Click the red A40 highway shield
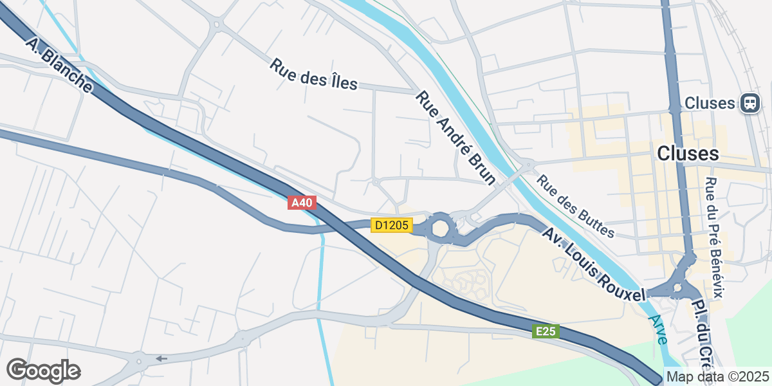[302, 203]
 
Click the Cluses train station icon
[750, 103]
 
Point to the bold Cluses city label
[688, 154]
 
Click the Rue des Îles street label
[313, 75]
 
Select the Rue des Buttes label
[575, 207]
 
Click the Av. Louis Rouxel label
[593, 264]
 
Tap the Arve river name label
[659, 329]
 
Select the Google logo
[44, 371]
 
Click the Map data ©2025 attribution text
[717, 376]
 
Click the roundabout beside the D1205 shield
[441, 228]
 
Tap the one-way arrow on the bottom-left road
[161, 358]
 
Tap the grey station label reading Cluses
[710, 103]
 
